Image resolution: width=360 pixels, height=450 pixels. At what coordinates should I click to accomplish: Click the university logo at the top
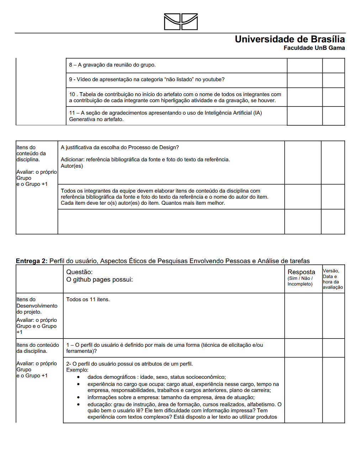click(181, 22)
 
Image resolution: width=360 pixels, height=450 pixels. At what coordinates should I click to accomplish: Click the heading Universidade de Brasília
click(290, 39)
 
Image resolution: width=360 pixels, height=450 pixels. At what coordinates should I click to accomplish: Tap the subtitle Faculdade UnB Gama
click(314, 48)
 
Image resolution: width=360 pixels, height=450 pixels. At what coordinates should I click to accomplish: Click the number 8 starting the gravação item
click(70, 65)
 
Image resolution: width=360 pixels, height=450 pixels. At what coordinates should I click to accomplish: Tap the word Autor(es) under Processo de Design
click(72, 166)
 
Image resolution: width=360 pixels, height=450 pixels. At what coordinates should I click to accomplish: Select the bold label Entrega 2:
click(32, 261)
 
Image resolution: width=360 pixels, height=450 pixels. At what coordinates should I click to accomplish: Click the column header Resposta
click(301, 272)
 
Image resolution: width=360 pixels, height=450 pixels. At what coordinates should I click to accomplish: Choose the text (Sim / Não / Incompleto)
click(300, 281)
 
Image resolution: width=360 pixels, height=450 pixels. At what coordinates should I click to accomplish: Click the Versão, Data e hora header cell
click(333, 279)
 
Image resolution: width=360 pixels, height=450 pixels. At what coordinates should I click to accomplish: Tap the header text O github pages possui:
click(100, 279)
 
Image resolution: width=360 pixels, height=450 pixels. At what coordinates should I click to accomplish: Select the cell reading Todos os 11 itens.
click(88, 299)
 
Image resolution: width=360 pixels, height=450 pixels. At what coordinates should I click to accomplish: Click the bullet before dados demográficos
click(79, 377)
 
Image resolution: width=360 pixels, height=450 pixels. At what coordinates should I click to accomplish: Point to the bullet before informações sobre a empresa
click(79, 397)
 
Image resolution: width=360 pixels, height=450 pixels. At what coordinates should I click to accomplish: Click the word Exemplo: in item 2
click(77, 370)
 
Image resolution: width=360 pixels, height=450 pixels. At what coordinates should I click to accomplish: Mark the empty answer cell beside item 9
click(305, 80)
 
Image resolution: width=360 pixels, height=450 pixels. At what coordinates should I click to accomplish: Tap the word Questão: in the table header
click(79, 272)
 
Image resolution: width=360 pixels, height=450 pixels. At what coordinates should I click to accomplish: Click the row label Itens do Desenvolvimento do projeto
click(37, 305)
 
